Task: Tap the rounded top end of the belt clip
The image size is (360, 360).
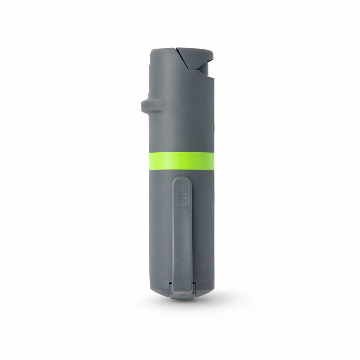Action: click(182, 181)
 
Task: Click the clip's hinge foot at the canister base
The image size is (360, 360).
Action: click(182, 291)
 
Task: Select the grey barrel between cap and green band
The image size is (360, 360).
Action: click(181, 130)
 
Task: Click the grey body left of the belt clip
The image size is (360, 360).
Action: click(160, 229)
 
